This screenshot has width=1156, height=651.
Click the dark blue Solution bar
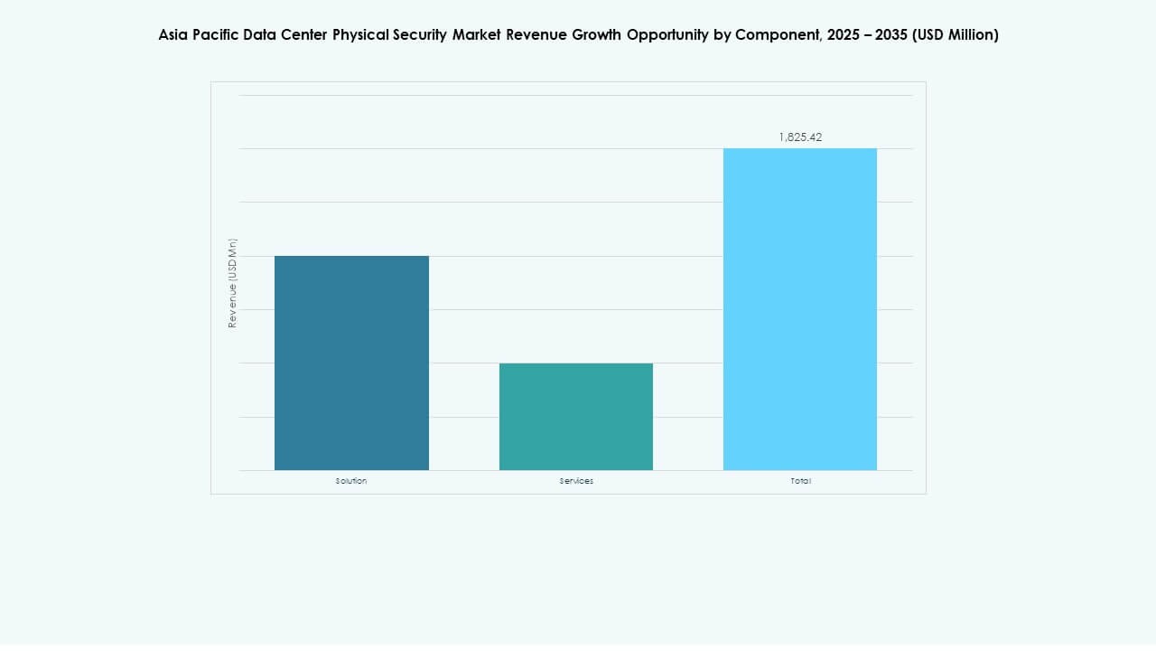(x=351, y=363)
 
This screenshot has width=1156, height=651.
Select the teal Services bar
(x=576, y=417)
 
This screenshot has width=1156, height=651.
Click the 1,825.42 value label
(x=800, y=137)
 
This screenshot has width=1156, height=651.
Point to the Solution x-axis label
(x=351, y=481)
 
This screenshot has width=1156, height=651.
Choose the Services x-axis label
(x=576, y=481)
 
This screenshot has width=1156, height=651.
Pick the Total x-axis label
(x=800, y=481)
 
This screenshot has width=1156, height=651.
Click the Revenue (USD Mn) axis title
(x=232, y=283)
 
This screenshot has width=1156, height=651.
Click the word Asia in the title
(x=173, y=35)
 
